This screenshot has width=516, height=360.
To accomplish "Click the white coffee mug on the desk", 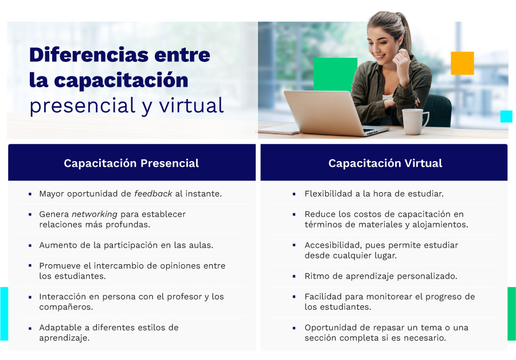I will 414,121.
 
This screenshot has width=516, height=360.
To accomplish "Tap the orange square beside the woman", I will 462,63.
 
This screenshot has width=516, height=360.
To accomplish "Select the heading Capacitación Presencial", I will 131,163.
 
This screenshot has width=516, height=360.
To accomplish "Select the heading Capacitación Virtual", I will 385,163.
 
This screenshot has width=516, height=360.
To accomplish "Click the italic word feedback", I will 153,194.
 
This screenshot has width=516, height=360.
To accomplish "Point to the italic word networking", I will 95,214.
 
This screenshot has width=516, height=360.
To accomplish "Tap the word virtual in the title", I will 192,105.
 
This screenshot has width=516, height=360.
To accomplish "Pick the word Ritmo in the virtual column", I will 316,276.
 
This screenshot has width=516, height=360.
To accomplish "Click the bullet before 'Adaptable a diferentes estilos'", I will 30,328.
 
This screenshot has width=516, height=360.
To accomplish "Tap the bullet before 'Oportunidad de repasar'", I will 294,328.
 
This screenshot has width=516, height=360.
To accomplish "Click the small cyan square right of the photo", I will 506,116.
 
